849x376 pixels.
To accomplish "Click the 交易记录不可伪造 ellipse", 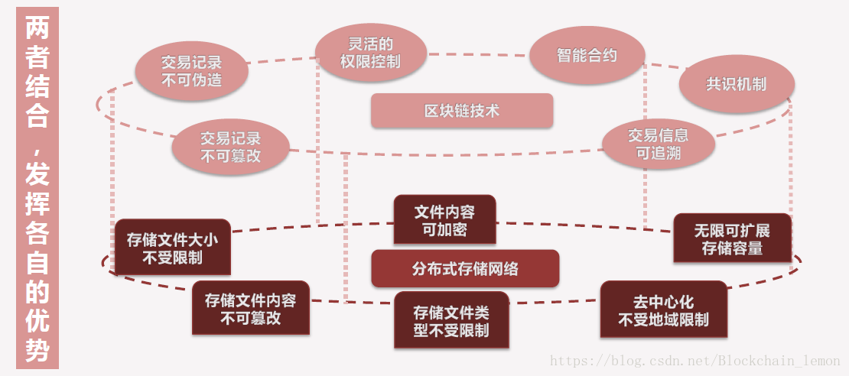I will coord(192,71).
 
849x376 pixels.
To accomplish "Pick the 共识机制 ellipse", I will coord(737,84).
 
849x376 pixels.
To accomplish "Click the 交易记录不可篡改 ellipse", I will coord(230,147).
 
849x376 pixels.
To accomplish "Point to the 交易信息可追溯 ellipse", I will coord(659,144).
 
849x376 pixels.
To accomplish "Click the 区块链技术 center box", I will coord(462,111).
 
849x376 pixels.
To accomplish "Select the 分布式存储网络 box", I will coord(465,269).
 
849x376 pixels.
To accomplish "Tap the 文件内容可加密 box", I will coord(444,220).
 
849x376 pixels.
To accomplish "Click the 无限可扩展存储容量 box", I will coord(732,238).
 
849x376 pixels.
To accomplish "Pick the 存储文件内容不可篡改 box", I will coord(251,308).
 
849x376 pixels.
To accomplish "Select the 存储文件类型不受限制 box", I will coord(451,321).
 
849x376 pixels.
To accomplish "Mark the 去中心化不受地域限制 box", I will coord(663,310).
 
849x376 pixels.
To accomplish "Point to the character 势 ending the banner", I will coord(37,350).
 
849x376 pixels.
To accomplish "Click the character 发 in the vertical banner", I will coord(37,174).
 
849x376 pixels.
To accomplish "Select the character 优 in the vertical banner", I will coord(37,321).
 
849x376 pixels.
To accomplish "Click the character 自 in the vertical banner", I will coord(37,262).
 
